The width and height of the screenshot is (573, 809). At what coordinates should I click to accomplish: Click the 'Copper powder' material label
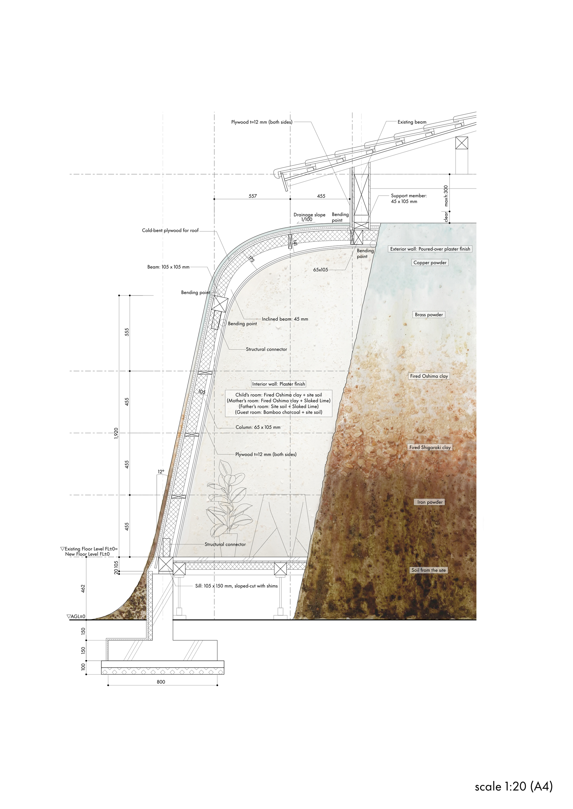[430, 263]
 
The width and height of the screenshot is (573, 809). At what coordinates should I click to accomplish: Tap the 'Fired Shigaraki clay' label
[430, 447]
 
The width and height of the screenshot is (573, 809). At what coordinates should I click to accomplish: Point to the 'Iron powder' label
[430, 502]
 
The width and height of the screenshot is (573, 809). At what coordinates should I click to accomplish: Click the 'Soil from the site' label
[428, 570]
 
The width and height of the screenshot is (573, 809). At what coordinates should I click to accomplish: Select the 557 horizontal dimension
[253, 196]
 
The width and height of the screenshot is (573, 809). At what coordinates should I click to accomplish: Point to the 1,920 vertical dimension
[116, 433]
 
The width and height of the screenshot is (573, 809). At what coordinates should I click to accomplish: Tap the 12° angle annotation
[161, 471]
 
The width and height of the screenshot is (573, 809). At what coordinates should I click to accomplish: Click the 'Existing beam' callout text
[412, 122]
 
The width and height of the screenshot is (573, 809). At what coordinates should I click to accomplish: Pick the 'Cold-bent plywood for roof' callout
[170, 231]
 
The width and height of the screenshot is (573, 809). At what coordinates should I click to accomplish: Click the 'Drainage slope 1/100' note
[309, 217]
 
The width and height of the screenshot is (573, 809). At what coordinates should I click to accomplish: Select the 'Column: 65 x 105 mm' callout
[258, 427]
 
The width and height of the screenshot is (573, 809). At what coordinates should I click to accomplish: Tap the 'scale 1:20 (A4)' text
[513, 786]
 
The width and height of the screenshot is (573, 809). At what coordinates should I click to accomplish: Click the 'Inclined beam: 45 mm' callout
[285, 319]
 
